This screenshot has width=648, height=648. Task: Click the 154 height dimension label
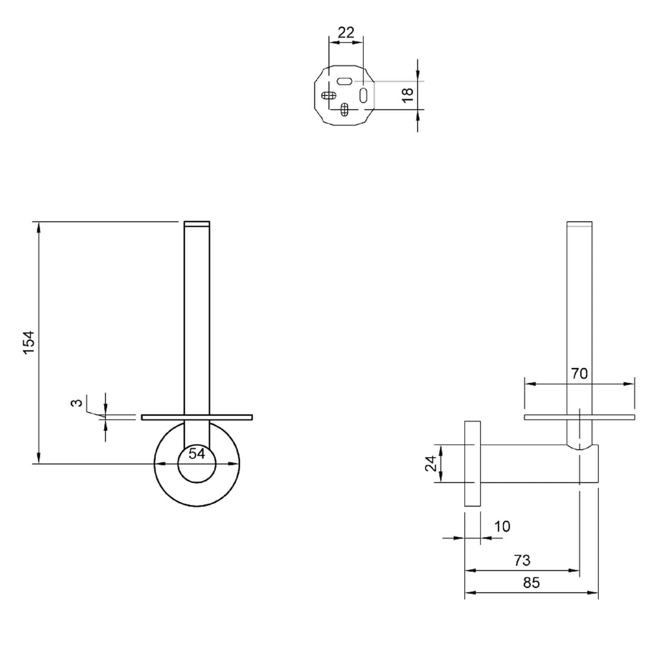pos(29,343)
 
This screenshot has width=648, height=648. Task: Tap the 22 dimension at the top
pos(346,32)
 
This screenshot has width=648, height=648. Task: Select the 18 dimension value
pos(407,95)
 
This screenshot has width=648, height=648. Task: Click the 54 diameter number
pos(197,454)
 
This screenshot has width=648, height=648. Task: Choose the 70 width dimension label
pos(579,373)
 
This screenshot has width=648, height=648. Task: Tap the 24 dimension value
pos(431,463)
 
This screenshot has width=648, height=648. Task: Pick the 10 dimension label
pos(502,526)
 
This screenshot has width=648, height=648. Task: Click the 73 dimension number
pos(522,560)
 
